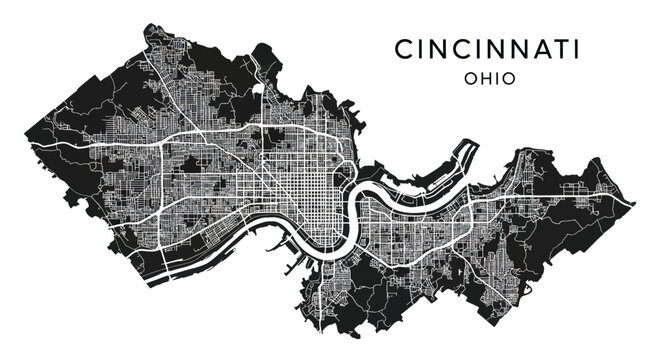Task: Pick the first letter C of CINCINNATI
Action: [x=403, y=49]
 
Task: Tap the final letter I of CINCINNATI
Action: [x=578, y=49]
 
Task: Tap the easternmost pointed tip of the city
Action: [x=633, y=203]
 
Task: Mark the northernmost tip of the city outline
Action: [x=151, y=26]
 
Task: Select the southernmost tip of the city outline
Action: [x=318, y=329]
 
